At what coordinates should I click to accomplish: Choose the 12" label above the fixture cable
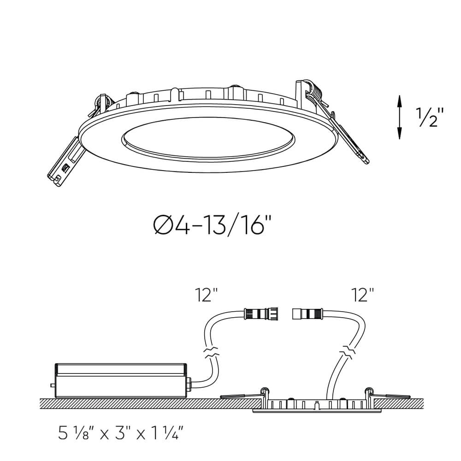(x=362, y=295)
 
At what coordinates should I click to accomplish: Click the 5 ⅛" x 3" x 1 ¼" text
(x=122, y=433)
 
